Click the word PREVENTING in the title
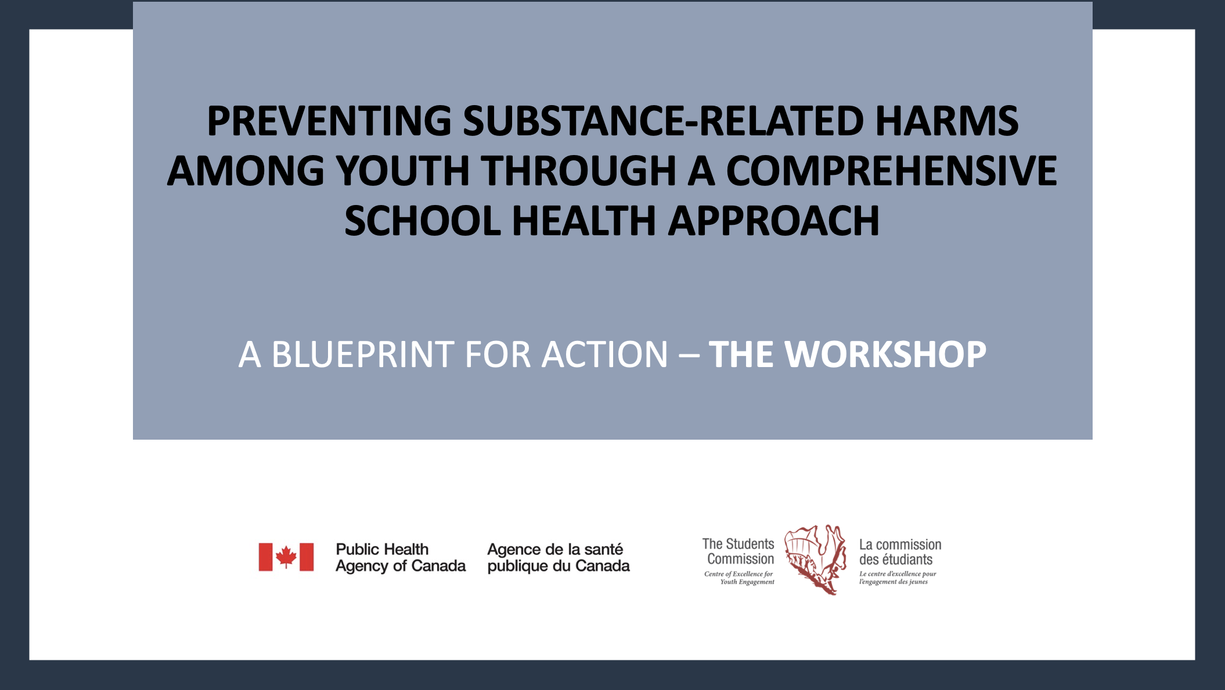point(329,121)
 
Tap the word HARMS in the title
point(946,121)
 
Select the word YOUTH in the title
point(402,171)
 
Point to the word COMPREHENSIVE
point(891,171)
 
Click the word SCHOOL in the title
point(423,221)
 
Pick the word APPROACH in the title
point(773,221)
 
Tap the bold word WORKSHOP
point(885,354)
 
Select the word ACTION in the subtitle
point(604,354)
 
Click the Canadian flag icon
point(286,558)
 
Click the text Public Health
point(382,549)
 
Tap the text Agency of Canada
point(401,566)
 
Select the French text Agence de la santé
point(555,549)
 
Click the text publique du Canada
point(559,566)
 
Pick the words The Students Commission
point(738,552)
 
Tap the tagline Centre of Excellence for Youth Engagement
point(739,578)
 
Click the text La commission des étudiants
point(900,552)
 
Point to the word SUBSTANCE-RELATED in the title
point(664,121)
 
